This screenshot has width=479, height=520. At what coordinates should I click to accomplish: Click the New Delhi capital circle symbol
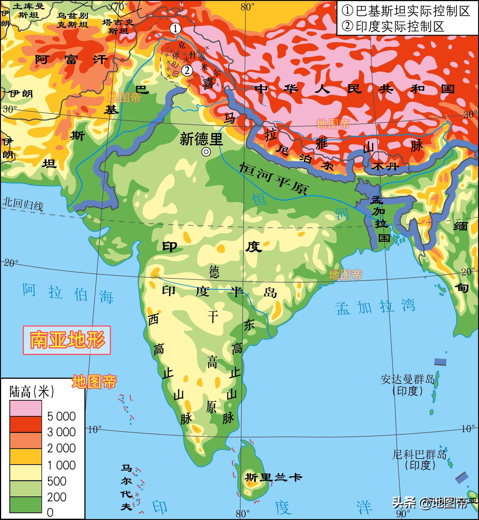(x=206, y=152)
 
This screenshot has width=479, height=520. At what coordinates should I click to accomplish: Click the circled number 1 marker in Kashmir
(x=175, y=29)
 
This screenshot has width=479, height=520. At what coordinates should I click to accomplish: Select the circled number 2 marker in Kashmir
(x=187, y=70)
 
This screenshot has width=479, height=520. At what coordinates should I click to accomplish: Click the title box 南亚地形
(x=67, y=340)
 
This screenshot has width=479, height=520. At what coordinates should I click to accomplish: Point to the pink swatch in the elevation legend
(x=26, y=408)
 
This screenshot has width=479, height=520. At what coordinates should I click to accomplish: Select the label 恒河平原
(x=274, y=178)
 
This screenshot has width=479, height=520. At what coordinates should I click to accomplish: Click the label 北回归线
(x=23, y=205)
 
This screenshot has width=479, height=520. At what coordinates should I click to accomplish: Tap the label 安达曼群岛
(x=408, y=379)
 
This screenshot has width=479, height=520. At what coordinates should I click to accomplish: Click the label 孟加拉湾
(x=375, y=307)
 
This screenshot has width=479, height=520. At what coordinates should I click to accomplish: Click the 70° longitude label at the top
(x=121, y=7)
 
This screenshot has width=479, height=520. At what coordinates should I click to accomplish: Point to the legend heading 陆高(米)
(x=32, y=391)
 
